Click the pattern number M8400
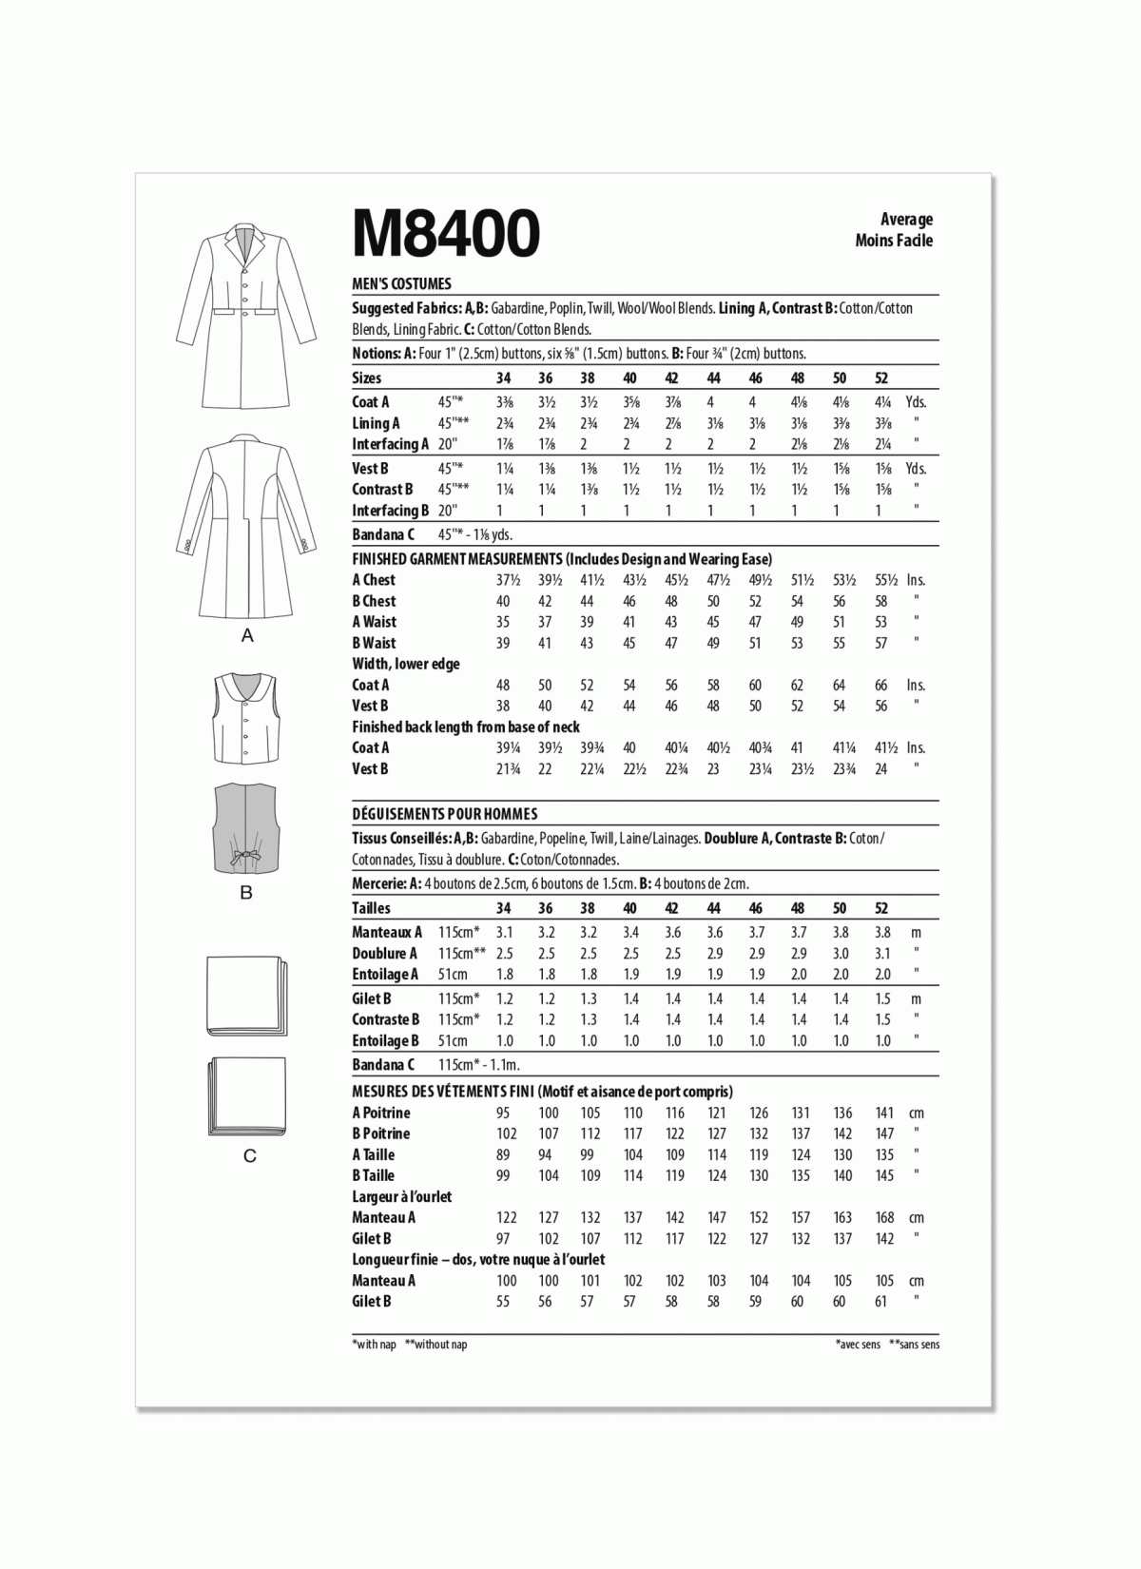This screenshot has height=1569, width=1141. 446,233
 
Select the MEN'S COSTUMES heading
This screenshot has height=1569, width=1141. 401,283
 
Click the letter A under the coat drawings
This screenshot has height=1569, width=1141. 247,636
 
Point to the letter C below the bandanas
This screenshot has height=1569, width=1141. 249,1156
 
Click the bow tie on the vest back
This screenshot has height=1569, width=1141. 245,857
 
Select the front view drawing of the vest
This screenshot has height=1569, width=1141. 245,718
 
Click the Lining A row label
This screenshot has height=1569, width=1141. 376,423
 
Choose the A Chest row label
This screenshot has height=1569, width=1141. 374,580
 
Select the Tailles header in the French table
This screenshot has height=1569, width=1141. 371,908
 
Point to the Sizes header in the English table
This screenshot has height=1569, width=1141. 367,378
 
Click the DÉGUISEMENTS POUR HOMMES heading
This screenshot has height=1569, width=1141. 444,814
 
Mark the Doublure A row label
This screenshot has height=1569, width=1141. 384,954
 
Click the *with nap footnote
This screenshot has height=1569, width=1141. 374,1345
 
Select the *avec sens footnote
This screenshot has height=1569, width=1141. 858,1345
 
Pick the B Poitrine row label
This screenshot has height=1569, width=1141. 380,1133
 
